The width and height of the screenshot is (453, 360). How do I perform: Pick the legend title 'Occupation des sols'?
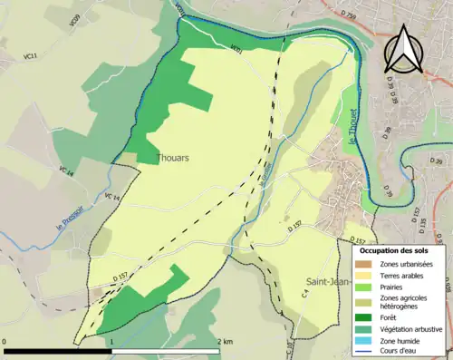(x=394, y=249)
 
